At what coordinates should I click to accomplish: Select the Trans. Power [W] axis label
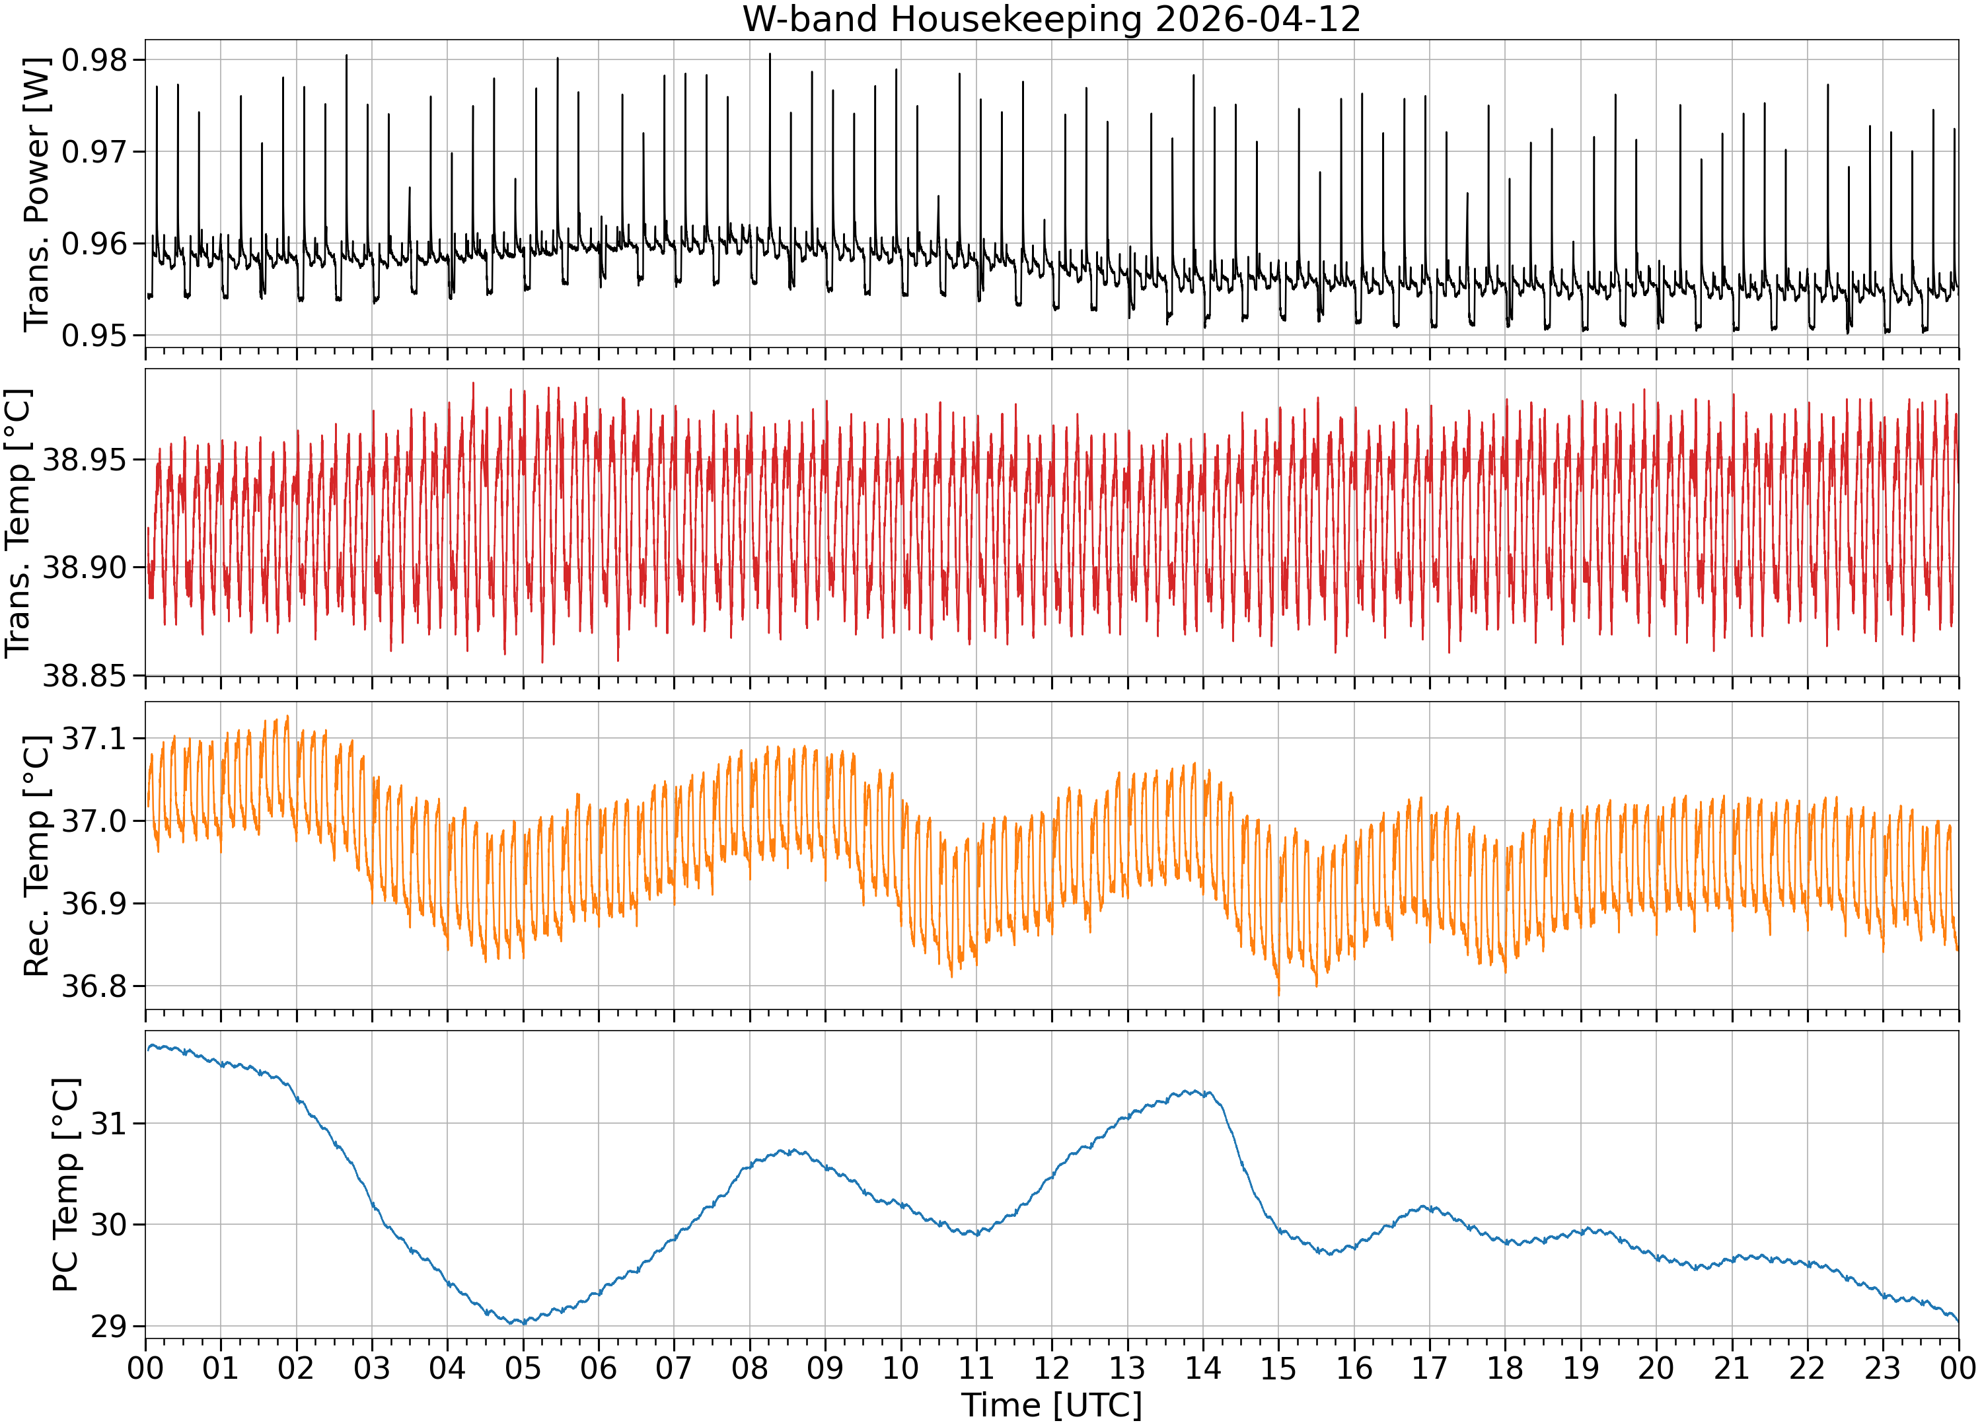[37, 194]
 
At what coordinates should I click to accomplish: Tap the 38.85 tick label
[85, 675]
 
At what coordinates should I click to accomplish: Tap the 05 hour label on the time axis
[523, 1368]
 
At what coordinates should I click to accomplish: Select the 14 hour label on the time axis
[1203, 1368]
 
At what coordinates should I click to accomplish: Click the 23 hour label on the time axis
[1884, 1368]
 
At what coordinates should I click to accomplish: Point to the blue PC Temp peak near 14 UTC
[1189, 1091]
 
